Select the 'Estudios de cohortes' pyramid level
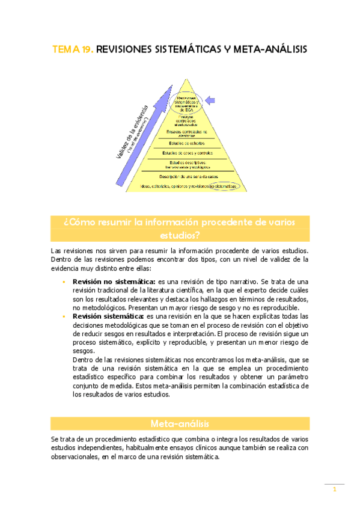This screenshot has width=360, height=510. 186,143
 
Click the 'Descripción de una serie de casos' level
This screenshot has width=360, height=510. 189,176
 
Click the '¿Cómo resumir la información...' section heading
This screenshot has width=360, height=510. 180,228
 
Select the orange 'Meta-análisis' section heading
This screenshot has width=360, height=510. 180,423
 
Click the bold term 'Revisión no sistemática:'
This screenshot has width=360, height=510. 114,281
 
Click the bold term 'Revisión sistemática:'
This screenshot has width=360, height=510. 108,316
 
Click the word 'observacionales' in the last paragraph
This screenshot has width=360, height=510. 76,457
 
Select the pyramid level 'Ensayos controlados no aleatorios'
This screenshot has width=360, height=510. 186,133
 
